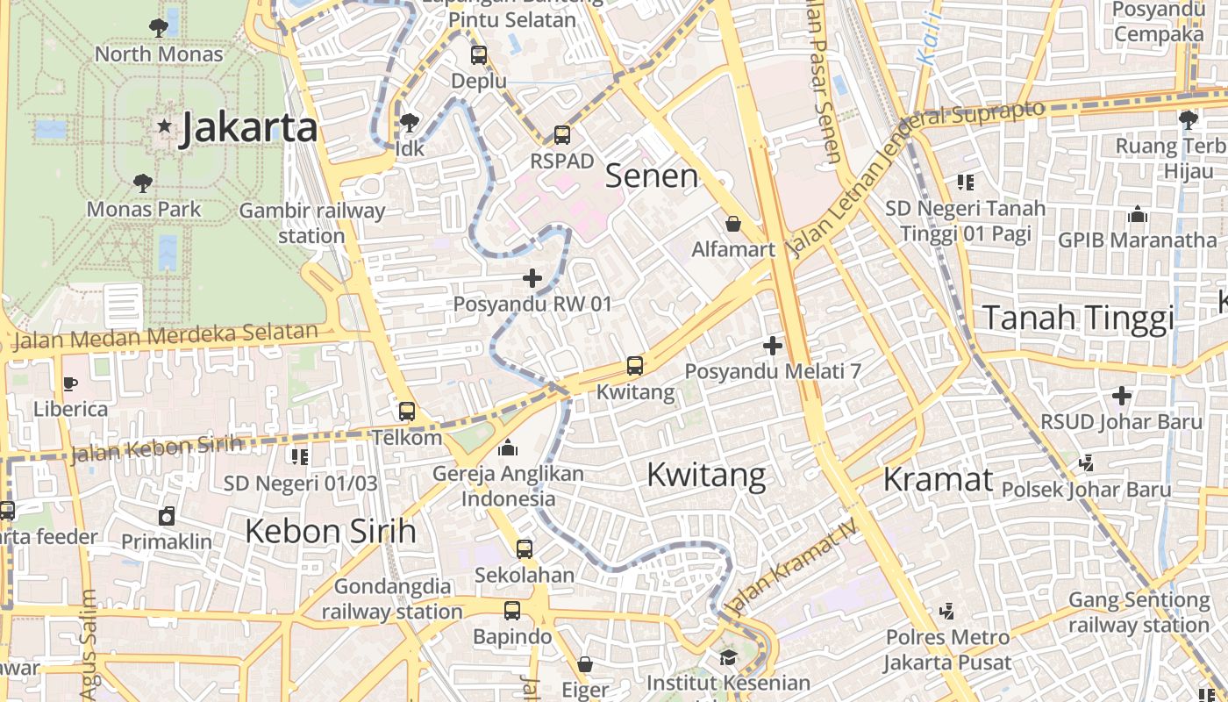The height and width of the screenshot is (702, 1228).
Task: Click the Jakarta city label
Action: (248, 128)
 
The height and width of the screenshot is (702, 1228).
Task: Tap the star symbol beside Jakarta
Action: (164, 125)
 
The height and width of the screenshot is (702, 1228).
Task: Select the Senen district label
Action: (652, 176)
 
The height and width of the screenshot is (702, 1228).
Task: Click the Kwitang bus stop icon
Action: (634, 366)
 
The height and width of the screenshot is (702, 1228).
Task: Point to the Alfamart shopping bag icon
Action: (733, 224)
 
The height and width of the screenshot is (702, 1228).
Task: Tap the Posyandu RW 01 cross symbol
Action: (532, 278)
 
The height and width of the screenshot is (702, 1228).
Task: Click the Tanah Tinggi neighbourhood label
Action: (1077, 318)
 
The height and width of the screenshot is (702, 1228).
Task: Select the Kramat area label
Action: (938, 480)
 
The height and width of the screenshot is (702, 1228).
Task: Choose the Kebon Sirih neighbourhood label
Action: (330, 531)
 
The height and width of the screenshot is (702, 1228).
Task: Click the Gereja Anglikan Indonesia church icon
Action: (507, 448)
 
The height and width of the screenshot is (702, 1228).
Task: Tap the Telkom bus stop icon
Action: (407, 411)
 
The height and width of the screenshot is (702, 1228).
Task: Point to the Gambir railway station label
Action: (312, 223)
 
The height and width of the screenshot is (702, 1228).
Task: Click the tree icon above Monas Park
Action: (143, 183)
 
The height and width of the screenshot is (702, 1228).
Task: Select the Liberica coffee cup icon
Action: (70, 383)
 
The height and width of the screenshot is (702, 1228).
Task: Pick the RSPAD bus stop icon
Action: (562, 135)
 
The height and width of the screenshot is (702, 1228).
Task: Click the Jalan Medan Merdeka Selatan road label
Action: (167, 335)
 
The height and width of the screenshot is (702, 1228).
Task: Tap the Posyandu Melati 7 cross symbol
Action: (772, 346)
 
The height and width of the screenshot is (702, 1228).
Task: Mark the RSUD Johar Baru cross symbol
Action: (1121, 396)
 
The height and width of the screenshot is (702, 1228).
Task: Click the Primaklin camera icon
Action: (167, 516)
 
